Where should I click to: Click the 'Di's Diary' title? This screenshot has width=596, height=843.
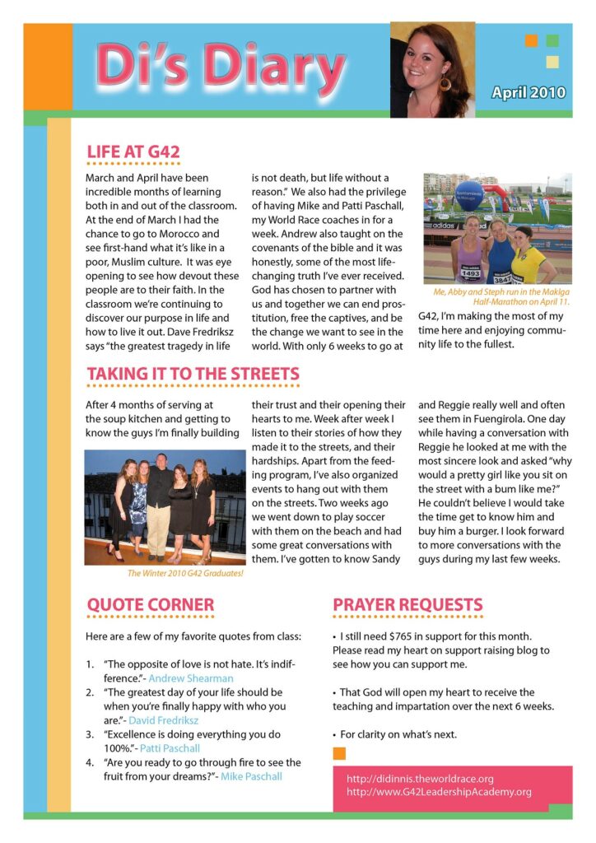221,69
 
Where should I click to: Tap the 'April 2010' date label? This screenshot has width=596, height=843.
528,92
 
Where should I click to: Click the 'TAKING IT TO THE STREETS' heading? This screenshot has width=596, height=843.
193,374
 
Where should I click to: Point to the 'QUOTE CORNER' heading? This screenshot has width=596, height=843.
151,605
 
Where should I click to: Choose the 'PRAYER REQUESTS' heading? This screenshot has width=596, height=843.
407,605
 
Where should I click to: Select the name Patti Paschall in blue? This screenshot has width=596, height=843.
170,748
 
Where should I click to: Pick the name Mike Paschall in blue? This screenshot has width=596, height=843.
252,776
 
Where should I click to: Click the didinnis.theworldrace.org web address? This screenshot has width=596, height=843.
420,778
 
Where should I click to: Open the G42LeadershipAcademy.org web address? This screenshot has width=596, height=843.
439,792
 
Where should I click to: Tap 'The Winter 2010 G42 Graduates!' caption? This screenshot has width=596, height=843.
185,573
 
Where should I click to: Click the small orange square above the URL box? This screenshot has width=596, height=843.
339,753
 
